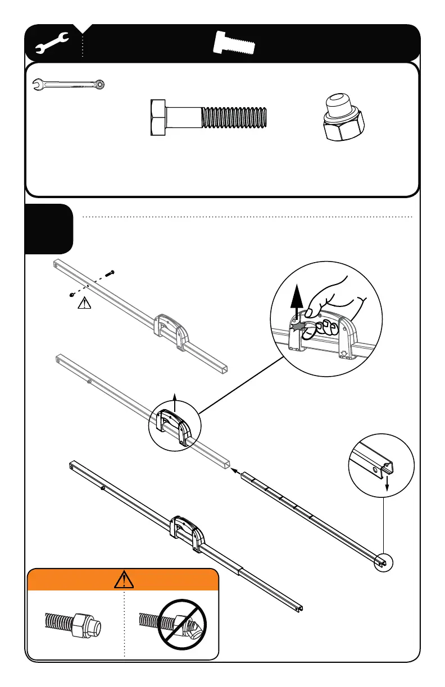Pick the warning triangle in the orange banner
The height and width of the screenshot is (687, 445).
click(123, 579)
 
